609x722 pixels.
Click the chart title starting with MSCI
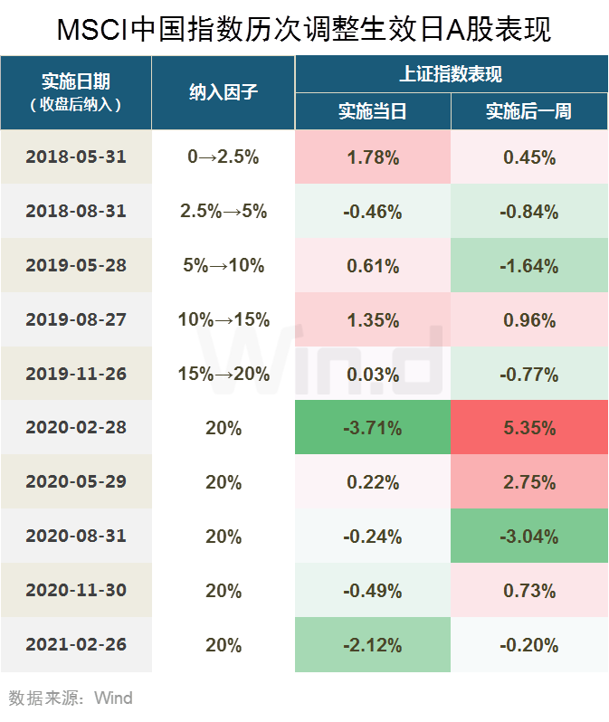click(x=304, y=28)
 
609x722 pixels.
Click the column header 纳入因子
click(x=224, y=92)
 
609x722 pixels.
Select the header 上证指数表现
click(x=451, y=74)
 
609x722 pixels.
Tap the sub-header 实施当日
click(x=373, y=112)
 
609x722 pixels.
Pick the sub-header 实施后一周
click(x=528, y=112)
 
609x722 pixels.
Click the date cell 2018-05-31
click(x=76, y=157)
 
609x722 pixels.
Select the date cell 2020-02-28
click(x=76, y=428)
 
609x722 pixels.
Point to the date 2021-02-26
click(x=76, y=645)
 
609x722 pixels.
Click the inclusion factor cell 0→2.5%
click(x=224, y=157)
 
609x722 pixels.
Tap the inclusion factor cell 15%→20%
click(x=224, y=374)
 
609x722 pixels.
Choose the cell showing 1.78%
click(x=373, y=157)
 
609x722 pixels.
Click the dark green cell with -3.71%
click(x=373, y=428)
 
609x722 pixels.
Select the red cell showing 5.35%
click(x=529, y=428)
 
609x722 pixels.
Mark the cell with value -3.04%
click(x=529, y=537)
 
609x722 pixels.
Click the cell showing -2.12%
click(x=373, y=645)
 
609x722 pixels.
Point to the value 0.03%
click(x=373, y=374)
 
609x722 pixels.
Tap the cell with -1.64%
click(x=529, y=266)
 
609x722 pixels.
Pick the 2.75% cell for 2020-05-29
click(x=529, y=482)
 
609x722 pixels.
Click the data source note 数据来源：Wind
click(x=71, y=698)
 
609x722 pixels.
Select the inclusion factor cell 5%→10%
click(x=224, y=265)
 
